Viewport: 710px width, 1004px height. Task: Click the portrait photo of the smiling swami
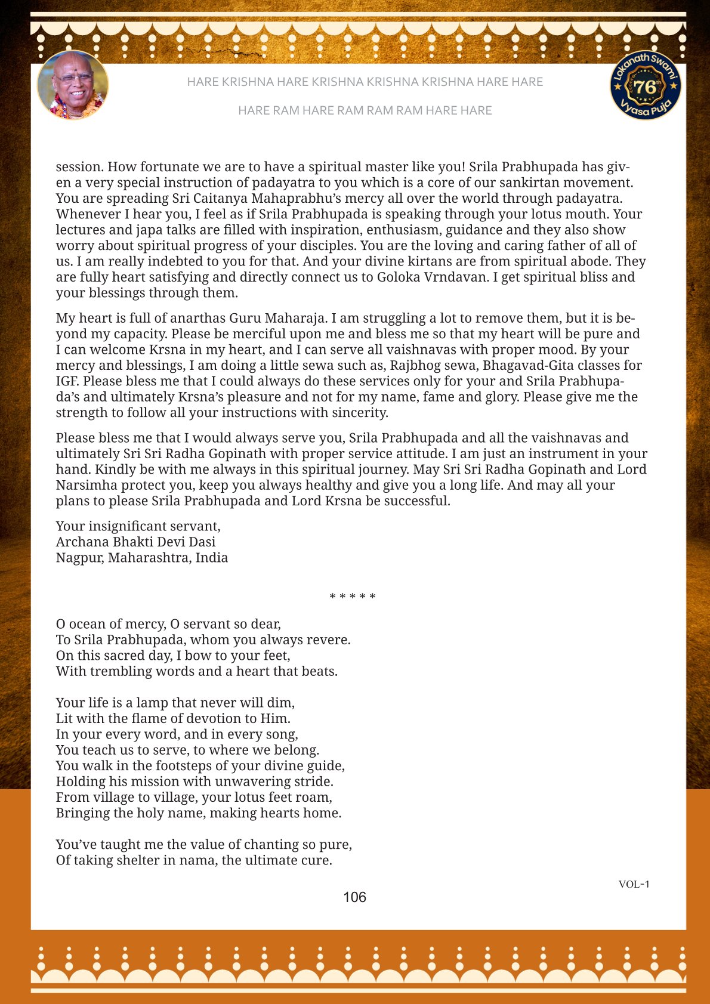73,85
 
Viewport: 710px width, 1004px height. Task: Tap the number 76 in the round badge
645,88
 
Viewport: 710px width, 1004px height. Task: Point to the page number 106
354,897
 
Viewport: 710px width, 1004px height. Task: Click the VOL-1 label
634,884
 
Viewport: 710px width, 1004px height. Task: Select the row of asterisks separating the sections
353,597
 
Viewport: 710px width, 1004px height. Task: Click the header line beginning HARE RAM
365,110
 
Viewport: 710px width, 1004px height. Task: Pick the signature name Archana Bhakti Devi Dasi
135,542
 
